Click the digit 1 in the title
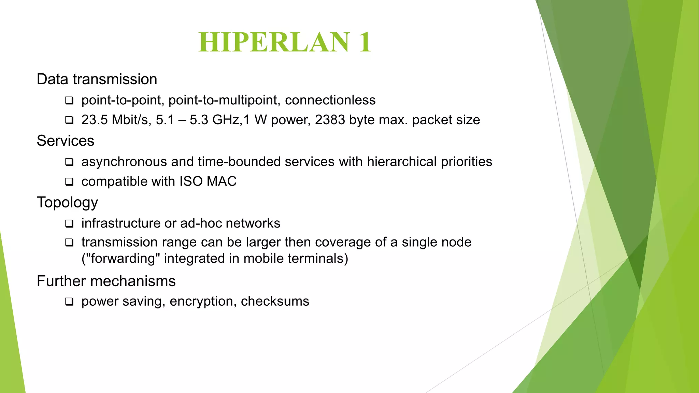(x=364, y=42)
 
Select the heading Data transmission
(x=97, y=79)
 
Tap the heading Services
(x=65, y=141)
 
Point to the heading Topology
(x=67, y=202)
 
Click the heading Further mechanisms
(x=106, y=281)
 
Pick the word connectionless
(x=330, y=100)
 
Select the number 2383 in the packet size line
(x=330, y=120)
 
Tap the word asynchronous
(x=124, y=162)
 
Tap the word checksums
(x=275, y=301)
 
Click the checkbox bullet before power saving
(x=69, y=302)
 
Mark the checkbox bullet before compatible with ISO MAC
(x=69, y=182)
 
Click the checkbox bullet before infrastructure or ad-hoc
(x=69, y=224)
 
